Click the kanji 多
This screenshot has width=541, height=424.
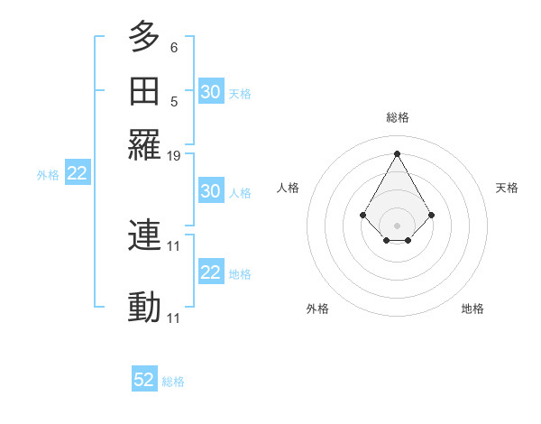[144, 37]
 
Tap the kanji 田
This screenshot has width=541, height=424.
[144, 91]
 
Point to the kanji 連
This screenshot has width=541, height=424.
[144, 236]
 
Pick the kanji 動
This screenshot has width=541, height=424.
[144, 308]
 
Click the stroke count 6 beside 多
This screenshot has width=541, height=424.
[174, 46]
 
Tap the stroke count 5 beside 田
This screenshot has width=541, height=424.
[174, 101]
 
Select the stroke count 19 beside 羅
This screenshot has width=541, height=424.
[174, 155]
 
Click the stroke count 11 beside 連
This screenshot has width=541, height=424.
[174, 245]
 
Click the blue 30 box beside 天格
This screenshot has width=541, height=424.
[211, 92]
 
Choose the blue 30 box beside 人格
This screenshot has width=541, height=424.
[211, 191]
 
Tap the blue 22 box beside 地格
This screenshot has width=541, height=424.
[211, 272]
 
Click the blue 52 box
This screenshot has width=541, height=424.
[144, 380]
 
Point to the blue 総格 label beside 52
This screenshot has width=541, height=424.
[173, 382]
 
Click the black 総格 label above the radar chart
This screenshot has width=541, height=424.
[397, 117]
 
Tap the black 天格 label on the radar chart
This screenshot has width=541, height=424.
[508, 188]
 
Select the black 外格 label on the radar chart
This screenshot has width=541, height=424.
[317, 309]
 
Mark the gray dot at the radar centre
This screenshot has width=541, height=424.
[397, 225]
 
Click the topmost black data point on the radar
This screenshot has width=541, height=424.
[397, 153]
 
